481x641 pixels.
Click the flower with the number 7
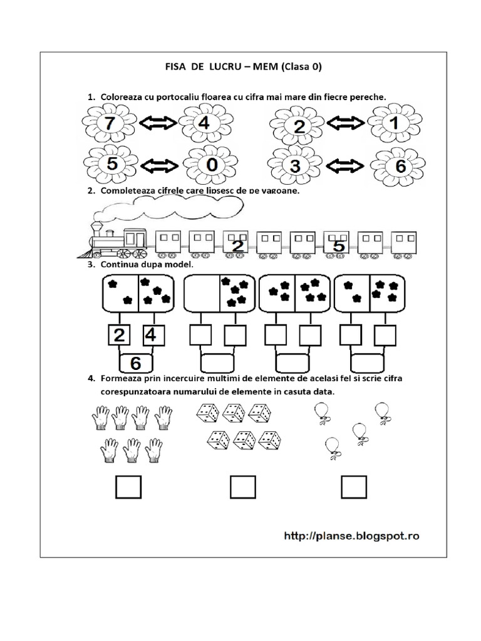click(x=110, y=124)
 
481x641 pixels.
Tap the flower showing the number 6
click(x=399, y=166)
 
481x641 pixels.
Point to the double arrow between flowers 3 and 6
click(x=346, y=166)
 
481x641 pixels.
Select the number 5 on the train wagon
click(x=338, y=246)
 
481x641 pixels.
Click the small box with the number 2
click(x=119, y=335)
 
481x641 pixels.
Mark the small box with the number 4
click(x=151, y=335)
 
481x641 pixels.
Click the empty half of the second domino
click(x=200, y=292)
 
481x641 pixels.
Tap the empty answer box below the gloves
click(x=128, y=486)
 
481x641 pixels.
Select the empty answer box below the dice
click(x=242, y=486)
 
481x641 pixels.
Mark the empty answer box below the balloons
click(x=353, y=486)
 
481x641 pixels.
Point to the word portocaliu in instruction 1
click(x=177, y=96)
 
